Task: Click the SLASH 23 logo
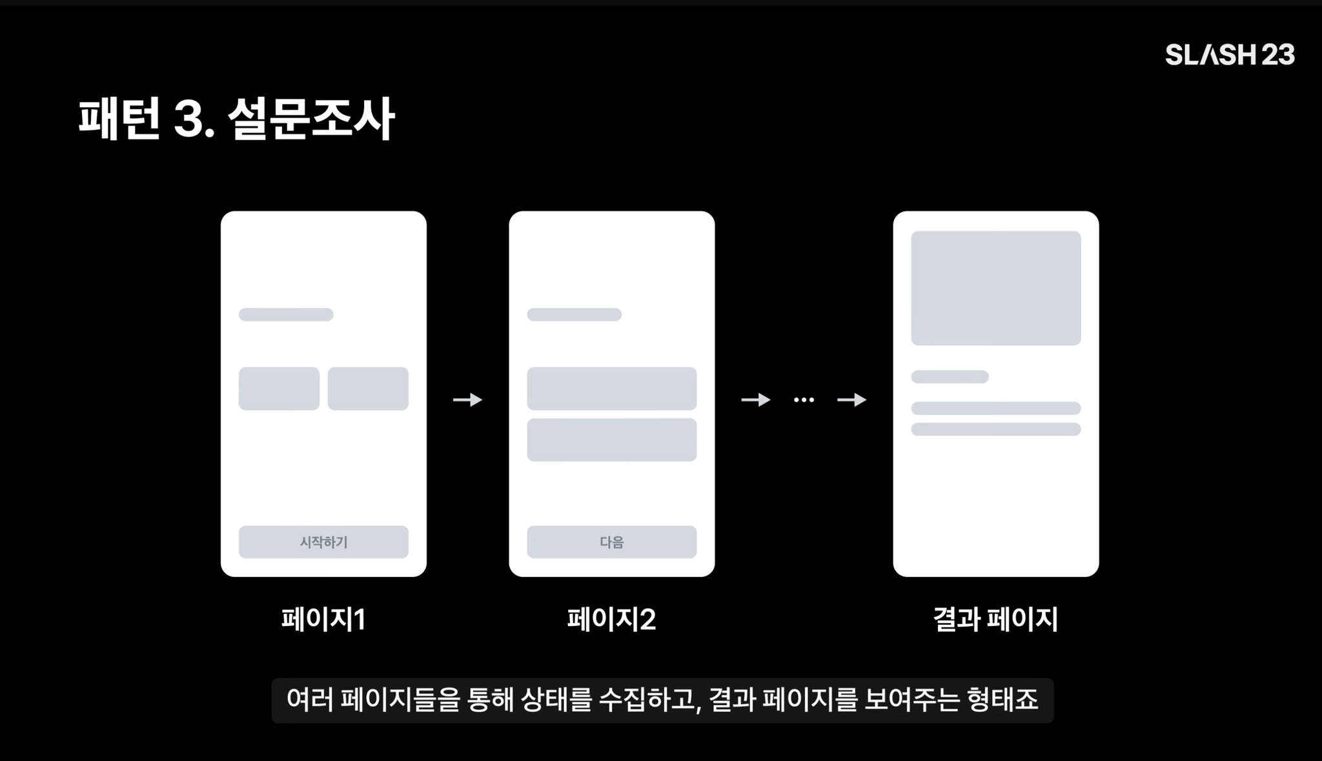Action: [x=1230, y=55]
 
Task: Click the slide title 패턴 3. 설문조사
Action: [x=236, y=119]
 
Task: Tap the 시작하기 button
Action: [x=323, y=542]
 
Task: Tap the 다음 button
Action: [x=611, y=542]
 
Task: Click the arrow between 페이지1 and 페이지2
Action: [x=468, y=400]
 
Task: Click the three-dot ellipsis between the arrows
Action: [x=804, y=400]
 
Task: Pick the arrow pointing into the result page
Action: [x=851, y=400]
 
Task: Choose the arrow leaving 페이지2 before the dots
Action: [x=756, y=400]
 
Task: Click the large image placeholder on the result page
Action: [x=995, y=288]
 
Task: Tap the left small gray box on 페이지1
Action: [x=279, y=389]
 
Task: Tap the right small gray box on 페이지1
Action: [x=368, y=389]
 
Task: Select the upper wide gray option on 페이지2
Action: [x=611, y=389]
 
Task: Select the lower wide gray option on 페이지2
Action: [x=611, y=440]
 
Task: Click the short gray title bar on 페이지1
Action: [x=286, y=314]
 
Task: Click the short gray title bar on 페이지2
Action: [x=574, y=314]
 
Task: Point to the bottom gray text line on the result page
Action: [x=995, y=429]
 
